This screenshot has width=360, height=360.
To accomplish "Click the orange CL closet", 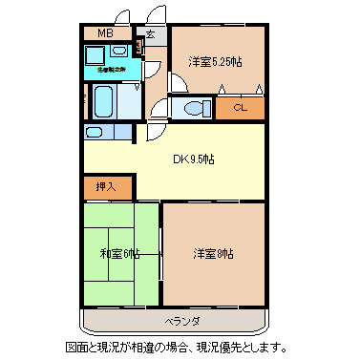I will [240, 108].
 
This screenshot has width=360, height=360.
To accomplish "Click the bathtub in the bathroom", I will [103, 98].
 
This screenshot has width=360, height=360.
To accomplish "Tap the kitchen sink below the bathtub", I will [94, 132].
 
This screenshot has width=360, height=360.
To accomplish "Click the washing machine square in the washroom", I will [93, 53].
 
